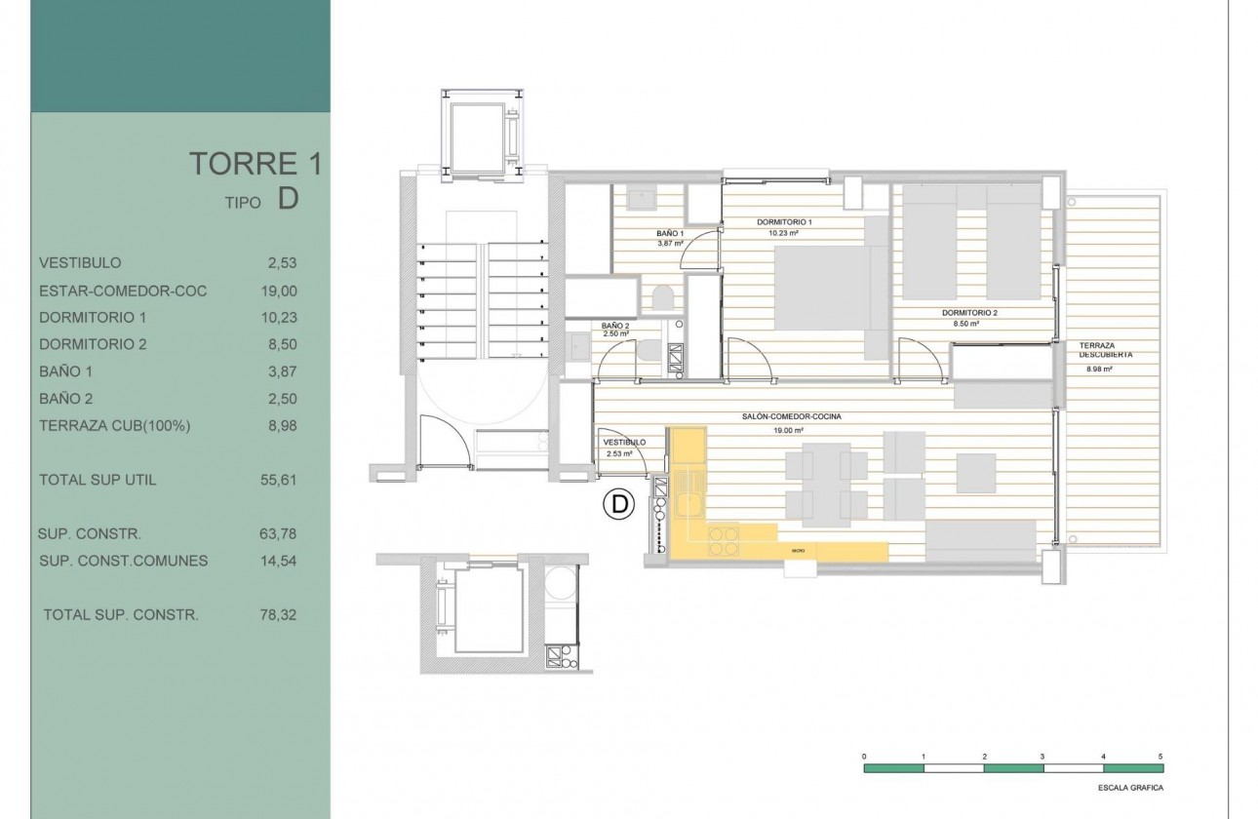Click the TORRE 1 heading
[255, 163]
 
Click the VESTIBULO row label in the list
[80, 263]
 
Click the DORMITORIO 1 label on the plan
[784, 222]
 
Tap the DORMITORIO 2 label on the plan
[969, 313]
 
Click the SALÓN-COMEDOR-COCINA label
[791, 416]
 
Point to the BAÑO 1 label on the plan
[669, 234]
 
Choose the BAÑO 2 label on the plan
[615, 326]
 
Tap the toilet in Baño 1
[659, 296]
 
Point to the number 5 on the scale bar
[1160, 756]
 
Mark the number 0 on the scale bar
[864, 756]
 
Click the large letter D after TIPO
[287, 199]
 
